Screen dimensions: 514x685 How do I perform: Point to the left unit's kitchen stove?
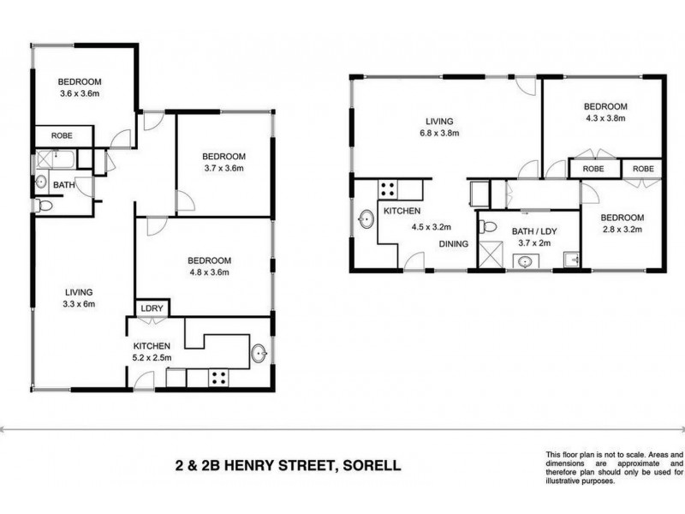217,376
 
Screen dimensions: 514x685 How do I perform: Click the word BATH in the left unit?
63,184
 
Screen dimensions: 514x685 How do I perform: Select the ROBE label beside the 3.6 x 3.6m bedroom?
61,136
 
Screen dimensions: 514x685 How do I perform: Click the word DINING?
454,244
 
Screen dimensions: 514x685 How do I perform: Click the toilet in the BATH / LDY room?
487,227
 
